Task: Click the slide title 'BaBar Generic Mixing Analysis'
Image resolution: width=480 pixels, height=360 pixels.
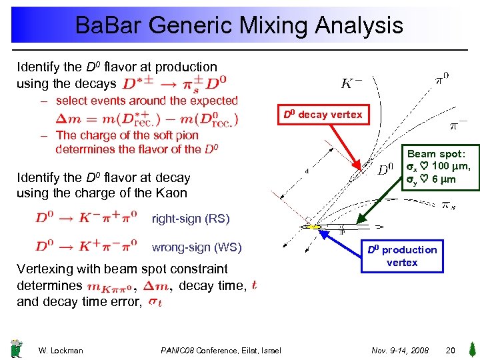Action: pyautogui.click(x=239, y=26)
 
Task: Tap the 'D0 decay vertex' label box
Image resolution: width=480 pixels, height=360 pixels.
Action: pyautogui.click(x=323, y=115)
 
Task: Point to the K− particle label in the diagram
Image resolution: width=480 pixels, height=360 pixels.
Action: pyautogui.click(x=352, y=84)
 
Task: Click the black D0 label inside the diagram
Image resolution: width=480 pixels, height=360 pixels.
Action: pyautogui.click(x=386, y=170)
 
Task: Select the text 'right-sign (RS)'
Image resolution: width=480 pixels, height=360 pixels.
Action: pyautogui.click(x=191, y=218)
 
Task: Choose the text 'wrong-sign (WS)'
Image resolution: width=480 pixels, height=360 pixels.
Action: pyautogui.click(x=197, y=247)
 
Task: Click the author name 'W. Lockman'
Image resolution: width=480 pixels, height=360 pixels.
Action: pyautogui.click(x=61, y=351)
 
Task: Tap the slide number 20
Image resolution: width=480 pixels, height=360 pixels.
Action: pyautogui.click(x=450, y=350)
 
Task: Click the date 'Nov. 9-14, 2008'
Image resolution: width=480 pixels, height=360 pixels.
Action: pyautogui.click(x=400, y=350)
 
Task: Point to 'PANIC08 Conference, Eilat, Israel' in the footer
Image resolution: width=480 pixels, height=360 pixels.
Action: pyautogui.click(x=221, y=351)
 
